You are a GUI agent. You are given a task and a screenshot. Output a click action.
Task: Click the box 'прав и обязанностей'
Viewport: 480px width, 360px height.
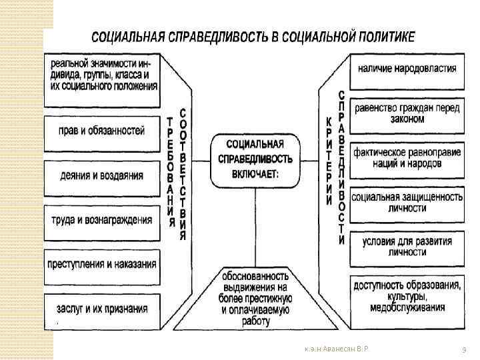pos(103,131)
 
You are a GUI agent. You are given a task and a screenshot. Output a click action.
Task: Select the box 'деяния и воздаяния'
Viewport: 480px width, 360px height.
pos(103,176)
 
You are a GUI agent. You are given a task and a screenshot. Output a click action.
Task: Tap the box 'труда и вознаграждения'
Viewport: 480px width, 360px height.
pos(103,219)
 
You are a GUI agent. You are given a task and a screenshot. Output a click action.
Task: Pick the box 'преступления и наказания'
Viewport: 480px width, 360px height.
pos(103,263)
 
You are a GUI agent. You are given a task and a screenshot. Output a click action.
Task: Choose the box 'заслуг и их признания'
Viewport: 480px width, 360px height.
pos(103,309)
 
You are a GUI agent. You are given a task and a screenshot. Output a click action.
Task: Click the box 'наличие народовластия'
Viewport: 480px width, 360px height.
pos(407,68)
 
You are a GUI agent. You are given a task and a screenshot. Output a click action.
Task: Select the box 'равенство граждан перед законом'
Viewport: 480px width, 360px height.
pos(407,113)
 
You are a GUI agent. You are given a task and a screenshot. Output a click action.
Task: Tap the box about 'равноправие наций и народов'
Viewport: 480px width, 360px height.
pos(407,157)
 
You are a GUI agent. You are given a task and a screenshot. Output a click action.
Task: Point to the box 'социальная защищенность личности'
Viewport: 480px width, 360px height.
pos(407,202)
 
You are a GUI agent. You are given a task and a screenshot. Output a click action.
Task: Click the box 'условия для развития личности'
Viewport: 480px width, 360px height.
pos(407,246)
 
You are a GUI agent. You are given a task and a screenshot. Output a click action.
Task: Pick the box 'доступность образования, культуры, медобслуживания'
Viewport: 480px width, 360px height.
pos(407,296)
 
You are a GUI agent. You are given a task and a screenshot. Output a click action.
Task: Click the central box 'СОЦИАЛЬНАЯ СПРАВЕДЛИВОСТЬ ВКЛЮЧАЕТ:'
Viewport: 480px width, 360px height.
pos(255,159)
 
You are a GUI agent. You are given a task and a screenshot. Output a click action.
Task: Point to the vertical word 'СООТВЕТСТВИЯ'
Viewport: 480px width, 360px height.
pos(183,173)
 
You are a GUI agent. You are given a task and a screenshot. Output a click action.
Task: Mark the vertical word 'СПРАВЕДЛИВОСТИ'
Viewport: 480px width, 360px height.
pos(341,167)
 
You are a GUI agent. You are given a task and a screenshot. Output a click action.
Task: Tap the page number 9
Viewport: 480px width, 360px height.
pos(463,350)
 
